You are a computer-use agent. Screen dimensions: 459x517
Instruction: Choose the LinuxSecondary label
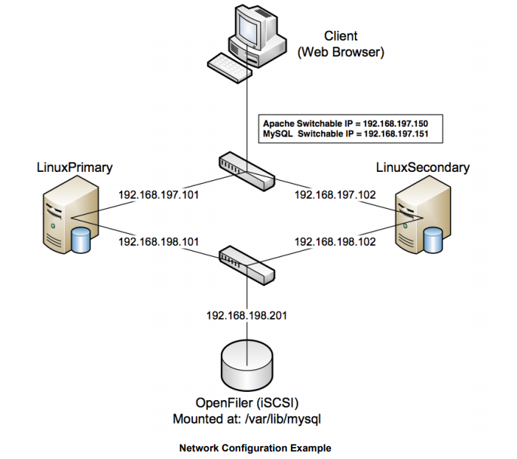[x=421, y=166]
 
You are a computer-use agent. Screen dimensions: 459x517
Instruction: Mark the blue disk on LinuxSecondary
[x=433, y=241]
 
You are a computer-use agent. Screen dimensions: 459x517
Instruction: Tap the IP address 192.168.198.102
[x=335, y=243]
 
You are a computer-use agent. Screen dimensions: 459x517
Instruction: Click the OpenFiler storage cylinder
[x=246, y=365]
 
